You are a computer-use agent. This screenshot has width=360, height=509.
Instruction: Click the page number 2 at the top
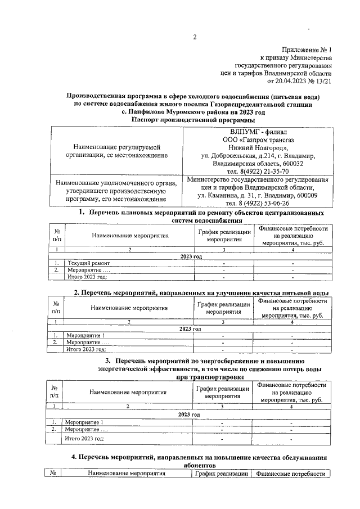[x=194, y=38]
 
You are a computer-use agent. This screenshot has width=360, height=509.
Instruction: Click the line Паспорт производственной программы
[x=193, y=119]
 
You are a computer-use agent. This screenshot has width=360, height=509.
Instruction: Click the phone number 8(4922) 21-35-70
[x=258, y=171]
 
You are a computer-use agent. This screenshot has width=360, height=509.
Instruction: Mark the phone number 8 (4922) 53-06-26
[x=258, y=203]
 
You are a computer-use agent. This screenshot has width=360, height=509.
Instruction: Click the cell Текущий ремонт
[x=86, y=263]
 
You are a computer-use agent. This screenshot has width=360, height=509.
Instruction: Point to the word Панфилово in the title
[x=159, y=112]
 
